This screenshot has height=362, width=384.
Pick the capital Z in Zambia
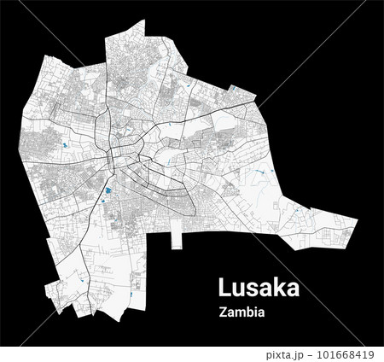click(223, 312)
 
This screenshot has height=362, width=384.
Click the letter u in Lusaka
click(241, 287)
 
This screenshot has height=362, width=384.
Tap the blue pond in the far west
click(62, 144)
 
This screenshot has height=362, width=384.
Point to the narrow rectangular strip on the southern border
click(177, 232)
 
